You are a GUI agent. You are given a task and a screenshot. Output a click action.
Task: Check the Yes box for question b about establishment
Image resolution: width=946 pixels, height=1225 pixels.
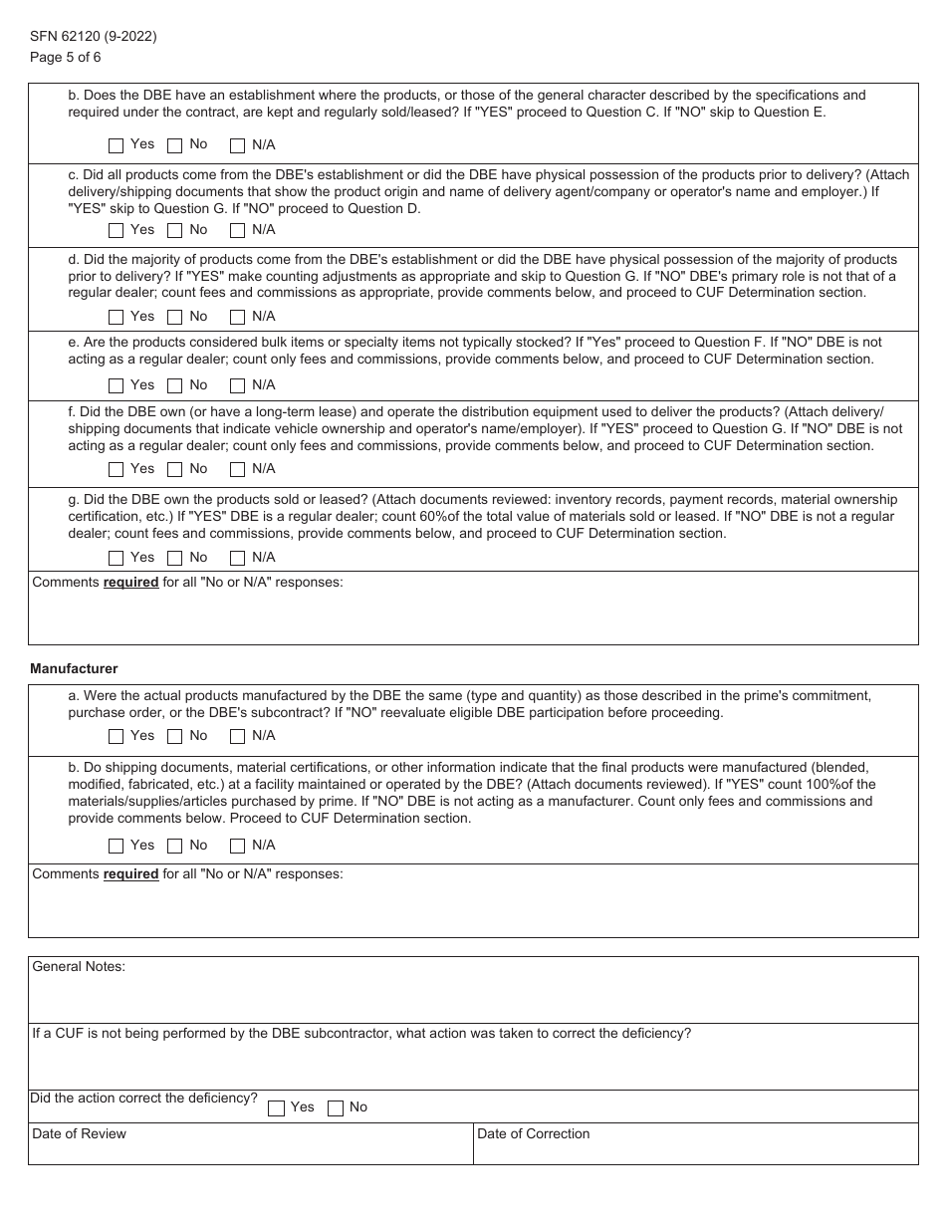pos(117,145)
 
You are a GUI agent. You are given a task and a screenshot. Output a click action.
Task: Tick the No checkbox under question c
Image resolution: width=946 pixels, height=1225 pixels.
pos(175,231)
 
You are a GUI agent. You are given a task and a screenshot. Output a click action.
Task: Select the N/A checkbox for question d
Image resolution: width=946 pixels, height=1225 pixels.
pos(238,318)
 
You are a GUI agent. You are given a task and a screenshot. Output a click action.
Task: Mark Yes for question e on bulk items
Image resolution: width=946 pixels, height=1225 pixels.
pos(117,386)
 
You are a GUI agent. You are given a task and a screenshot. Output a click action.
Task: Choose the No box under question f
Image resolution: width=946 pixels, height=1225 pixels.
pos(175,470)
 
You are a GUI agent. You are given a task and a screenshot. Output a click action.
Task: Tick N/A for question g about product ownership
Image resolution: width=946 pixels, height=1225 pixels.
pos(238,559)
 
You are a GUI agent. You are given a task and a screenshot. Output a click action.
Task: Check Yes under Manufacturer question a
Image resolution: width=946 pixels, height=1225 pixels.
pos(117,737)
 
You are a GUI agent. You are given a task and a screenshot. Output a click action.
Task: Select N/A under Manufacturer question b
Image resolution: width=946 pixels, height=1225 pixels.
pos(238,847)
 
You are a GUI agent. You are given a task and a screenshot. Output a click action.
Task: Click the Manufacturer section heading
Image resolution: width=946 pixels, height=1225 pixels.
pos(74,669)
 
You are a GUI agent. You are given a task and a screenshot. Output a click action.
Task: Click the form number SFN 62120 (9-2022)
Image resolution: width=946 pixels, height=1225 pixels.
pos(93,37)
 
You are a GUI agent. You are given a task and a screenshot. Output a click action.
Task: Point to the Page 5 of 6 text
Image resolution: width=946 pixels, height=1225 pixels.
pos(66,57)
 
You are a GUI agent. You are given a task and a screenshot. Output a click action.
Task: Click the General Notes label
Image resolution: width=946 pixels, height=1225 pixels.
pos(79,966)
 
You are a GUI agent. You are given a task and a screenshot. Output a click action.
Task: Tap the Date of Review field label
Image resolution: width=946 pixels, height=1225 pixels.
pos(79,1133)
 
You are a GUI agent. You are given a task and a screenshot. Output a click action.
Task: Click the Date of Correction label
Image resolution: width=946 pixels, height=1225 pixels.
pos(533,1133)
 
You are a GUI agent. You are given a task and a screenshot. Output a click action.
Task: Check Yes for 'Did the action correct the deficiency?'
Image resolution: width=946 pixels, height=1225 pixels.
pos(277,1108)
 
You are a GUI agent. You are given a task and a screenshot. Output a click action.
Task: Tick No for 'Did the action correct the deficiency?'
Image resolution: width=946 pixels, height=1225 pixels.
pos(337,1108)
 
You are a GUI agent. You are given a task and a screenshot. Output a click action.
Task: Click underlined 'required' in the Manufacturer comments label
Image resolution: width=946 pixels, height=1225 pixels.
pos(130,873)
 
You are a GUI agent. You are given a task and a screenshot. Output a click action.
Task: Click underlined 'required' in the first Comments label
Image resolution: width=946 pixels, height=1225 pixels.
pos(130,582)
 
